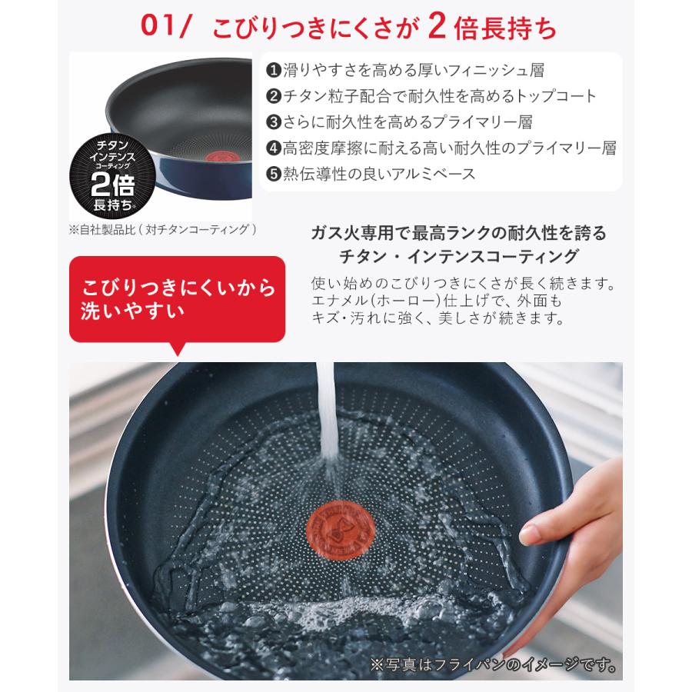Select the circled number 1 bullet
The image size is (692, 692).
[x=273, y=71]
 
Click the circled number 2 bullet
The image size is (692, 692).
[x=273, y=96]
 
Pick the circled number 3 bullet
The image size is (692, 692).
[x=273, y=121]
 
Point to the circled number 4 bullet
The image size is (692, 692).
[x=273, y=148]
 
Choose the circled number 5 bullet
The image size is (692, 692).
[x=273, y=173]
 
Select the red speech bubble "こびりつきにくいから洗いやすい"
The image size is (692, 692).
[x=178, y=300]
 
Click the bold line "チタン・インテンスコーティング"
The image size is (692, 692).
[x=459, y=255]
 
